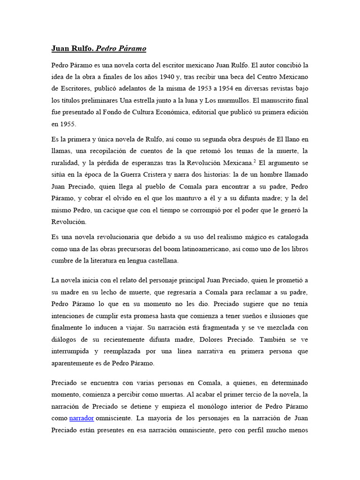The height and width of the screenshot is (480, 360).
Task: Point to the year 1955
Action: coord(68,125)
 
